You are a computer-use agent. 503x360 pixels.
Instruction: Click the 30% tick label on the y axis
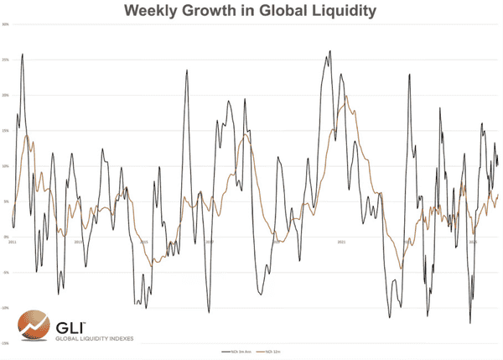pos(5,24)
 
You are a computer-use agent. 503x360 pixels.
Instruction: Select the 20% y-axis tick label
pos(5,95)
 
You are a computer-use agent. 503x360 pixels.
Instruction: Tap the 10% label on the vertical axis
pos(5,166)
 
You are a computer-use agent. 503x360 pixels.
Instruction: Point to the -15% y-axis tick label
pos(5,343)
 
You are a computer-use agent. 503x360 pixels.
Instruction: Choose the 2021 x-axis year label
pos(341,242)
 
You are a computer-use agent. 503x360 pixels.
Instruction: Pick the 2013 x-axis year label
pos(78,242)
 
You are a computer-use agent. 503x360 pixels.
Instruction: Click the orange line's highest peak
pos(346,96)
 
